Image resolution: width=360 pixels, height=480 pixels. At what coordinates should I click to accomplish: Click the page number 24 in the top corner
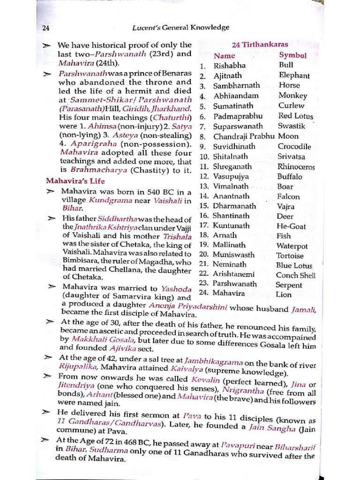point(46,28)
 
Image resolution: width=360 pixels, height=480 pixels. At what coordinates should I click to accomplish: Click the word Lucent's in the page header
point(147,28)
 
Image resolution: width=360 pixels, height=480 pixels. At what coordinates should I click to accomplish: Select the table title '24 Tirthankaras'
point(260,45)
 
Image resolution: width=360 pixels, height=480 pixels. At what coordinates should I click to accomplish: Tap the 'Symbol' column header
point(292,55)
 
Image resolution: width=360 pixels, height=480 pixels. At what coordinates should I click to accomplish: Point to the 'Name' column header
point(224,56)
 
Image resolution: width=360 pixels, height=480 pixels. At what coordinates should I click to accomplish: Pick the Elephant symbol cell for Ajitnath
point(294,75)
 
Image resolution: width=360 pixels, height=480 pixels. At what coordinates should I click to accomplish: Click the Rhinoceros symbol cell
point(296,167)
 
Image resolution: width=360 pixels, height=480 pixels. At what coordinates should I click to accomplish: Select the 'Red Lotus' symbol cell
point(295,116)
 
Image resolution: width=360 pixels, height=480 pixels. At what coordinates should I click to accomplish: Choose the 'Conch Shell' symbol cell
point(295,275)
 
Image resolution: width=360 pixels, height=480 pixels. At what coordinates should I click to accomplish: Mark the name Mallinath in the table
point(229,245)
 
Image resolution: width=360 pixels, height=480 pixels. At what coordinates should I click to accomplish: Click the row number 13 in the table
point(204,187)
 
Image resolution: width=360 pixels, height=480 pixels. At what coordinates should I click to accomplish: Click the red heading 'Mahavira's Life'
point(75,181)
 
